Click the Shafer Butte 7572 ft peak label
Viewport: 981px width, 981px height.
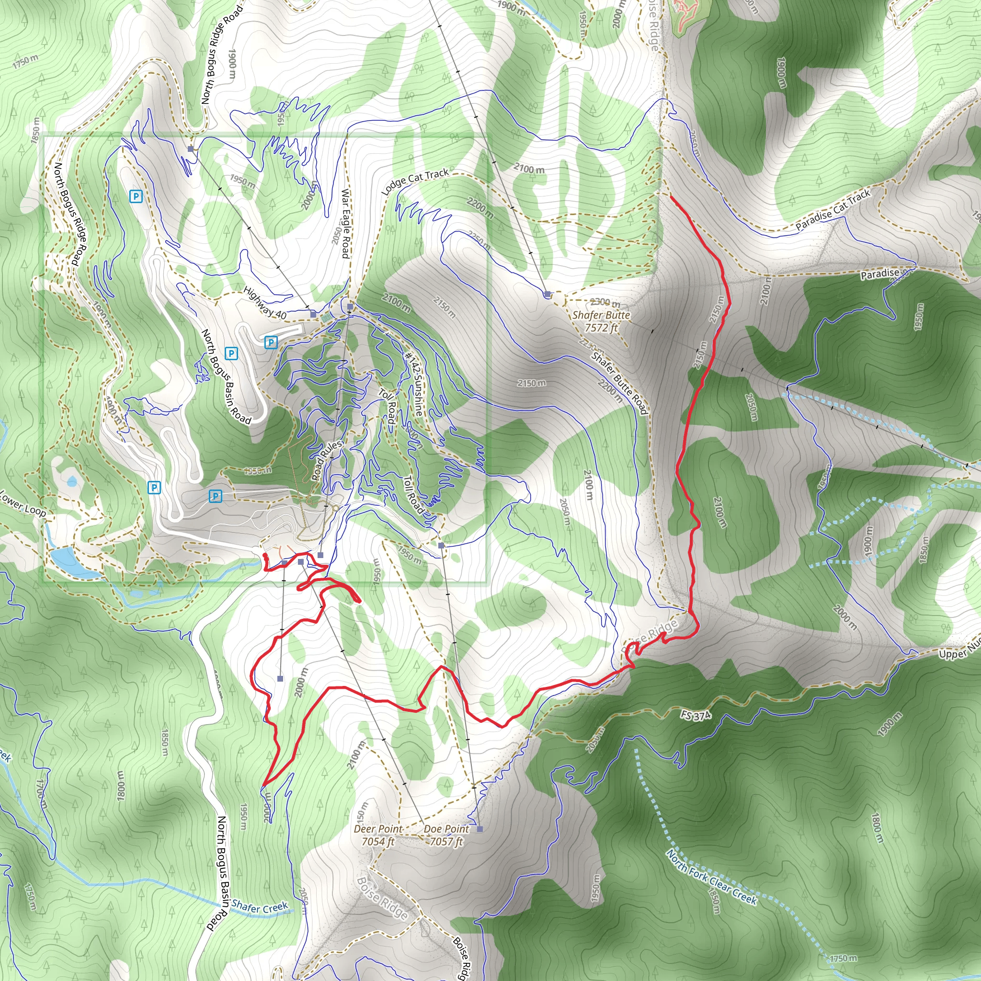pos(601,321)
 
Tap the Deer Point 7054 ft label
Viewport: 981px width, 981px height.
pos(378,835)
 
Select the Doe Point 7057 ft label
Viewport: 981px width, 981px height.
pos(446,835)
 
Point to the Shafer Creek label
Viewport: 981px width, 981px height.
pos(260,907)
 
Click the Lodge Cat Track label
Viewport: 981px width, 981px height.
pos(415,181)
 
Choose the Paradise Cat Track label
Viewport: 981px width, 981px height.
pos(833,209)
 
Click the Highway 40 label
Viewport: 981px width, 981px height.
pos(264,303)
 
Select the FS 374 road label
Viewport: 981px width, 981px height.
pos(696,716)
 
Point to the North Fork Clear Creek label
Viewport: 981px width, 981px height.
pos(711,878)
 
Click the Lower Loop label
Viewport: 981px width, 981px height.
pos(23,504)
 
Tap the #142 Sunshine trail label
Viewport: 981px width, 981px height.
pos(413,384)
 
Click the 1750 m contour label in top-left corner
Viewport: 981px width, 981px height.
pos(25,61)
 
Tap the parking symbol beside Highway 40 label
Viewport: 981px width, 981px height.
pos(271,342)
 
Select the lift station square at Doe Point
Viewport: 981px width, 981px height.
pos(480,829)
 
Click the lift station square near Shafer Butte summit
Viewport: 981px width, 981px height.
pos(547,295)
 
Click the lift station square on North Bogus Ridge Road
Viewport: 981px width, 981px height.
pos(191,149)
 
